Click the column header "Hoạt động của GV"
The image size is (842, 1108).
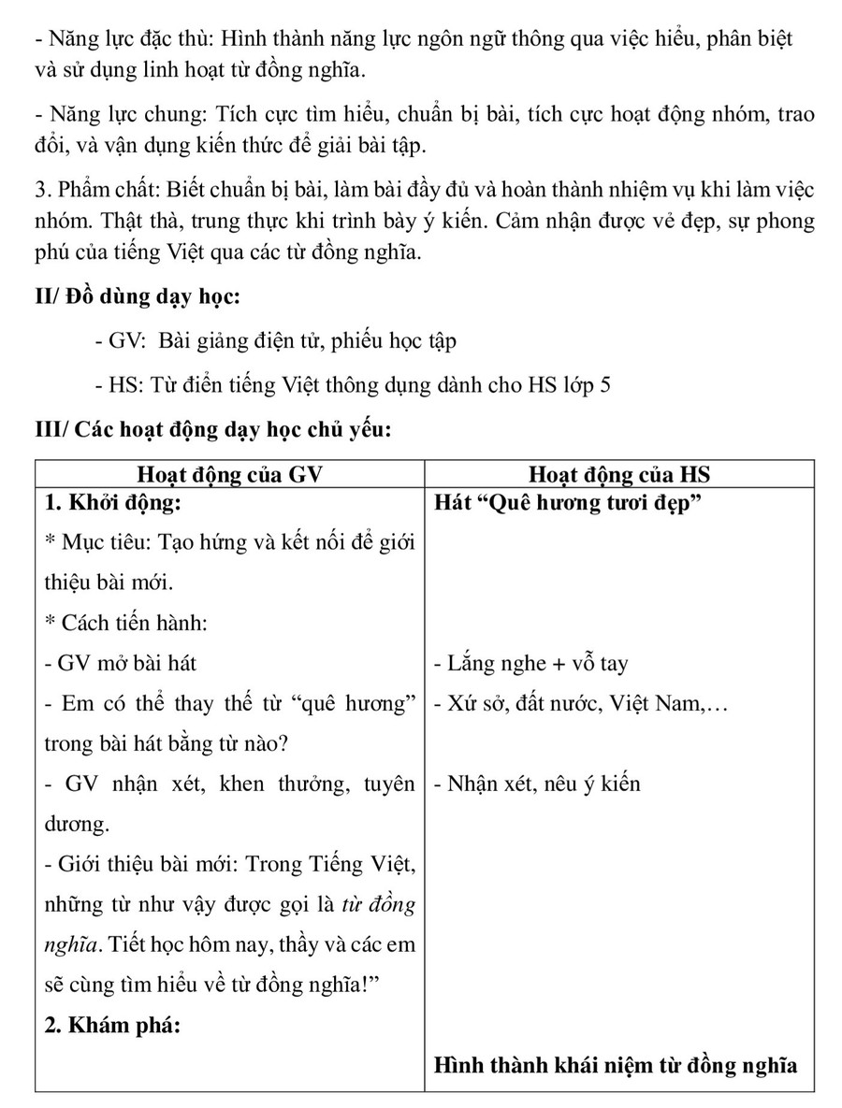[x=229, y=474]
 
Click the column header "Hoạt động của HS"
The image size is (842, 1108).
[x=618, y=474]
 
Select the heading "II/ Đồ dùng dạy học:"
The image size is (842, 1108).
[x=138, y=298]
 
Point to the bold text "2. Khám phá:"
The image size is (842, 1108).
[x=111, y=1025]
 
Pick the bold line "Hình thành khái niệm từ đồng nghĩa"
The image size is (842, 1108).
[x=616, y=1065]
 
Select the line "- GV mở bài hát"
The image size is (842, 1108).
[x=121, y=664]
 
